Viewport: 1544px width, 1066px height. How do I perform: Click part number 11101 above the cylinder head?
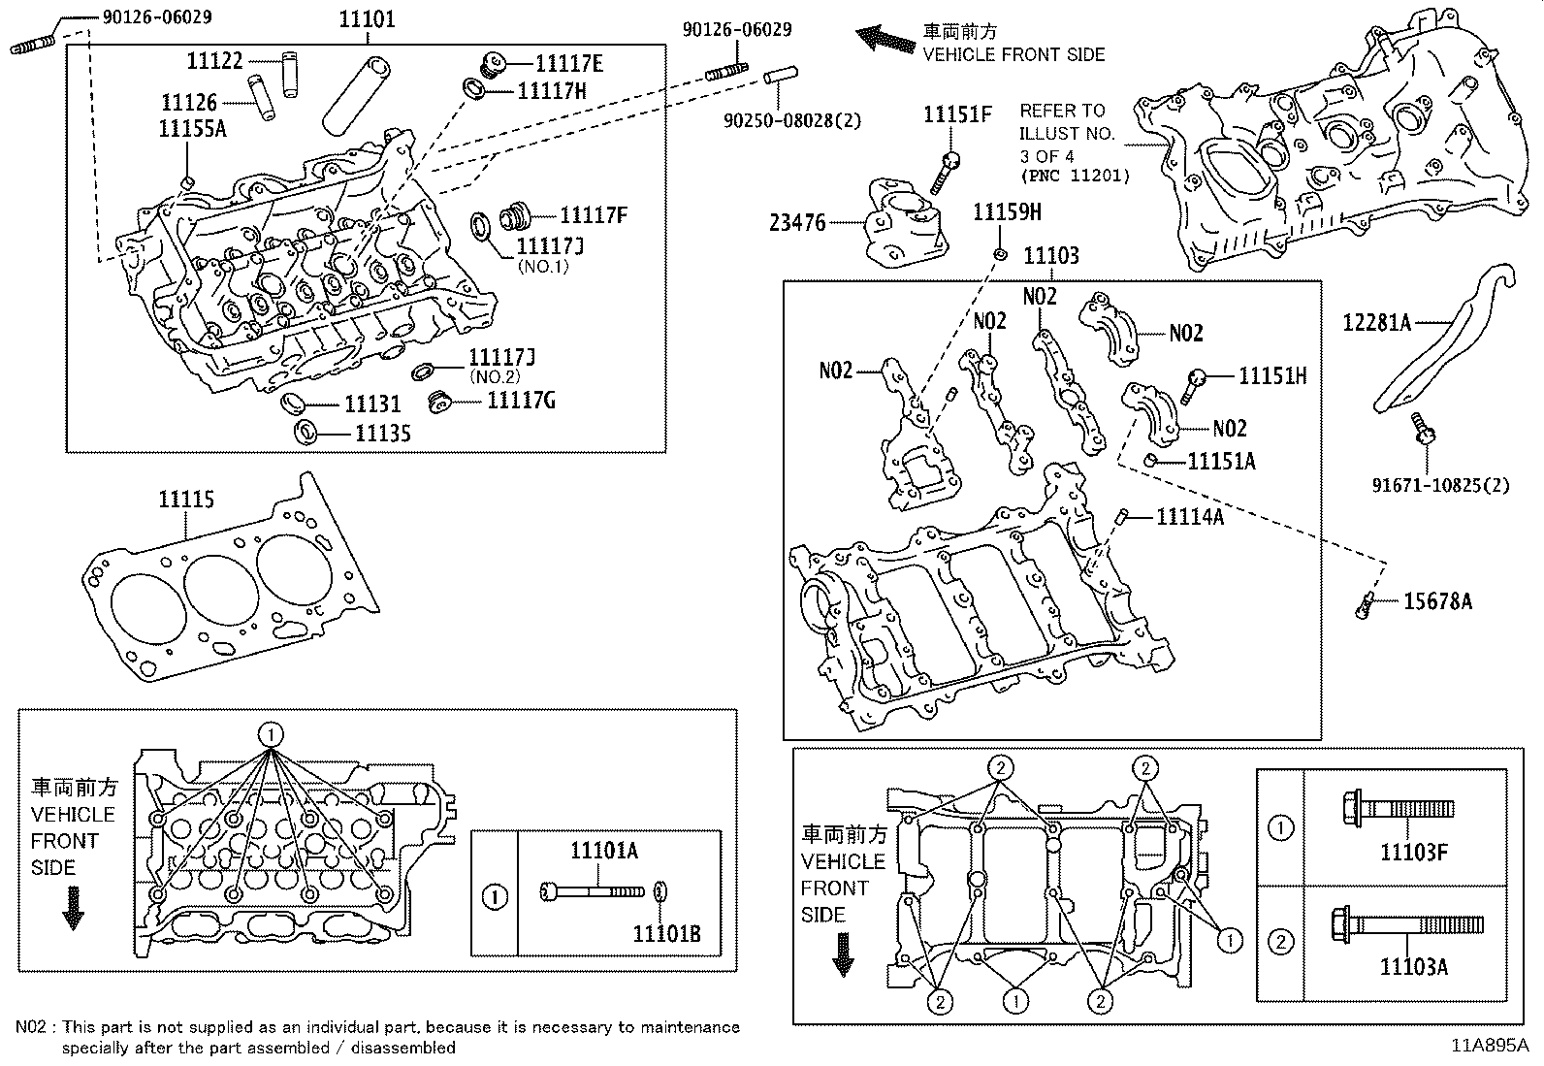point(368,18)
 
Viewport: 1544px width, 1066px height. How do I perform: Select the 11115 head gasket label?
point(186,500)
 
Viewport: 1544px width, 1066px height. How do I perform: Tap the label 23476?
point(797,223)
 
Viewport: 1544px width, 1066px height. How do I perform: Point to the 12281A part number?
point(1377,322)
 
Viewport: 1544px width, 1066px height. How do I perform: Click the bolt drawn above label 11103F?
point(1397,808)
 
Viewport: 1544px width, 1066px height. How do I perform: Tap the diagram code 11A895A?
point(1490,1046)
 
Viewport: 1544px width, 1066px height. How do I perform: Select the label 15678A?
point(1437,602)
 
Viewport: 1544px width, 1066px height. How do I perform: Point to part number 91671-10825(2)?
point(1440,484)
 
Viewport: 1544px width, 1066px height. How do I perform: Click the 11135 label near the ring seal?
point(382,434)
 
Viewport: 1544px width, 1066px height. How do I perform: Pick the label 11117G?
point(521,400)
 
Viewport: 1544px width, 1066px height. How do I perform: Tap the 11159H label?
point(1007,212)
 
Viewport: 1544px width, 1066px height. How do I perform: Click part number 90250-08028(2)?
point(792,120)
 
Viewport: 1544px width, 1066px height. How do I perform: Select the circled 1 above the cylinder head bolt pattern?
point(272,734)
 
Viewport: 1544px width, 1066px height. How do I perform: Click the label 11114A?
point(1189,517)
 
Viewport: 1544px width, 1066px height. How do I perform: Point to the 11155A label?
point(193,128)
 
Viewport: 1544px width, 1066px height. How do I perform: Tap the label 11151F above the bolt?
point(957,114)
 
